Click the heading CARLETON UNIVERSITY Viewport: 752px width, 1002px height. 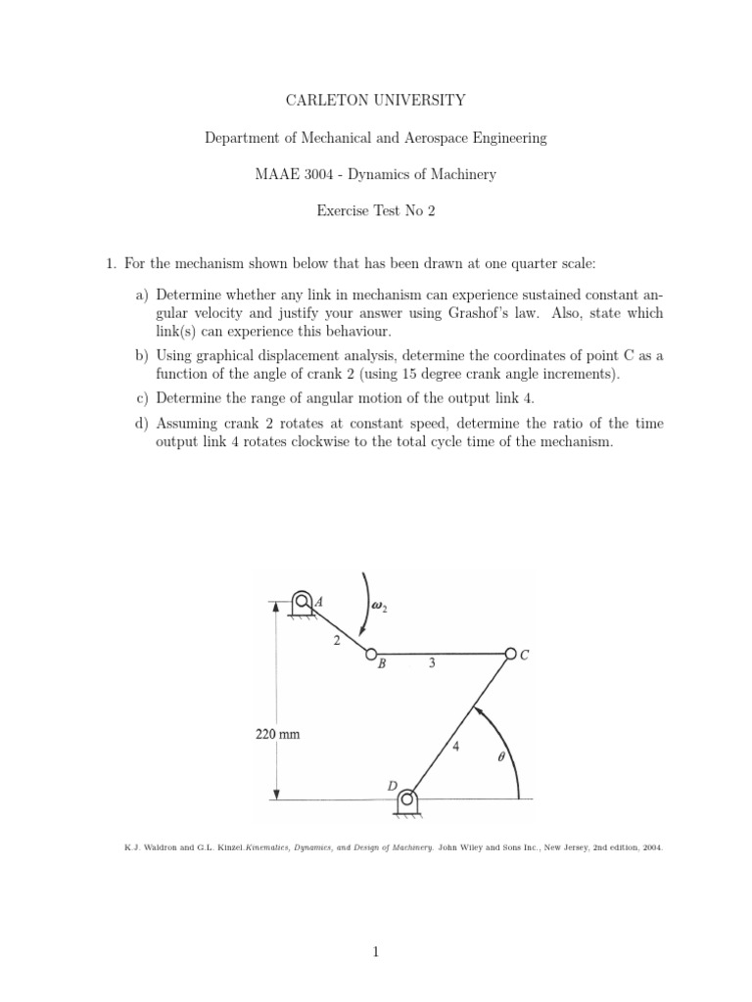coord(375,100)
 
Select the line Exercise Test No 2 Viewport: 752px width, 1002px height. coord(375,212)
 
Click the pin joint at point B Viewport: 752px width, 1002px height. coord(371,653)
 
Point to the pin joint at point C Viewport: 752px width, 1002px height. coord(509,653)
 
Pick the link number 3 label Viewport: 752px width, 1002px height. coord(432,663)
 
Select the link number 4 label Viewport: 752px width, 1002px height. coord(455,746)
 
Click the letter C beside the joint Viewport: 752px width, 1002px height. coord(525,657)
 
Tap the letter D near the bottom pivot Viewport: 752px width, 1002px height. coord(392,786)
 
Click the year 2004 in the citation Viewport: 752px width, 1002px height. coord(651,848)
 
